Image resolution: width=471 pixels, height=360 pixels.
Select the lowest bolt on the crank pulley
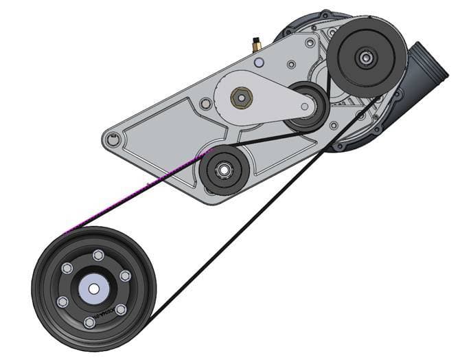tap(89, 322)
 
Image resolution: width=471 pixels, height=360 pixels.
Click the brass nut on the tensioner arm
tap(240, 98)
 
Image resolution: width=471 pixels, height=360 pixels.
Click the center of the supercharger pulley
tap(365, 58)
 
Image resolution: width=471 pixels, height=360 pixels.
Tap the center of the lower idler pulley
tap(224, 169)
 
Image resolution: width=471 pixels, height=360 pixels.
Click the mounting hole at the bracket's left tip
tap(113, 141)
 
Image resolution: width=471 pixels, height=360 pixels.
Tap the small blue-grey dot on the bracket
tap(258, 63)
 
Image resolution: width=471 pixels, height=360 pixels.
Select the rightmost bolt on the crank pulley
tap(124, 275)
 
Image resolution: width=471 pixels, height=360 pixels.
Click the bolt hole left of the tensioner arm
tap(205, 104)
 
